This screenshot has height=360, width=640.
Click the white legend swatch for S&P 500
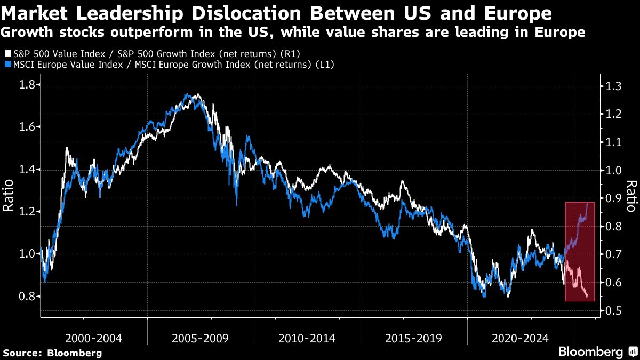click(x=6, y=54)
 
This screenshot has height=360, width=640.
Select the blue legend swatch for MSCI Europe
click(x=6, y=65)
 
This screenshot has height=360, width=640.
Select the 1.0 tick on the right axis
click(x=610, y=170)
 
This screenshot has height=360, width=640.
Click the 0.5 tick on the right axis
click(x=610, y=311)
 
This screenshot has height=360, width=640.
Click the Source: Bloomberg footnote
click(x=52, y=353)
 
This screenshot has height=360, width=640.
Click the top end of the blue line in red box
click(x=588, y=203)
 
